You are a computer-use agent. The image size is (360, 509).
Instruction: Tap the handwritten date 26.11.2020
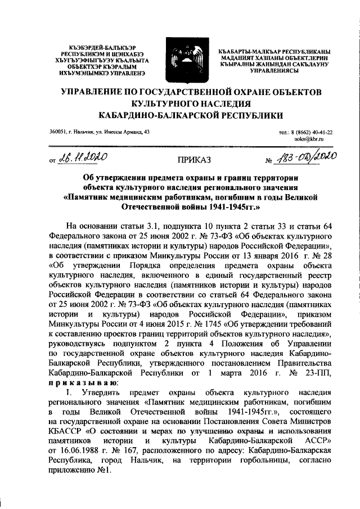pos(83,159)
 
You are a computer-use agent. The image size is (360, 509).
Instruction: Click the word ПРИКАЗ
pos(194,160)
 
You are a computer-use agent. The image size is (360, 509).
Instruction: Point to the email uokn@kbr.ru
pos(311,138)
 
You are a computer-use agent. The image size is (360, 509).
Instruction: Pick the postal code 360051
pos(58,131)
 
